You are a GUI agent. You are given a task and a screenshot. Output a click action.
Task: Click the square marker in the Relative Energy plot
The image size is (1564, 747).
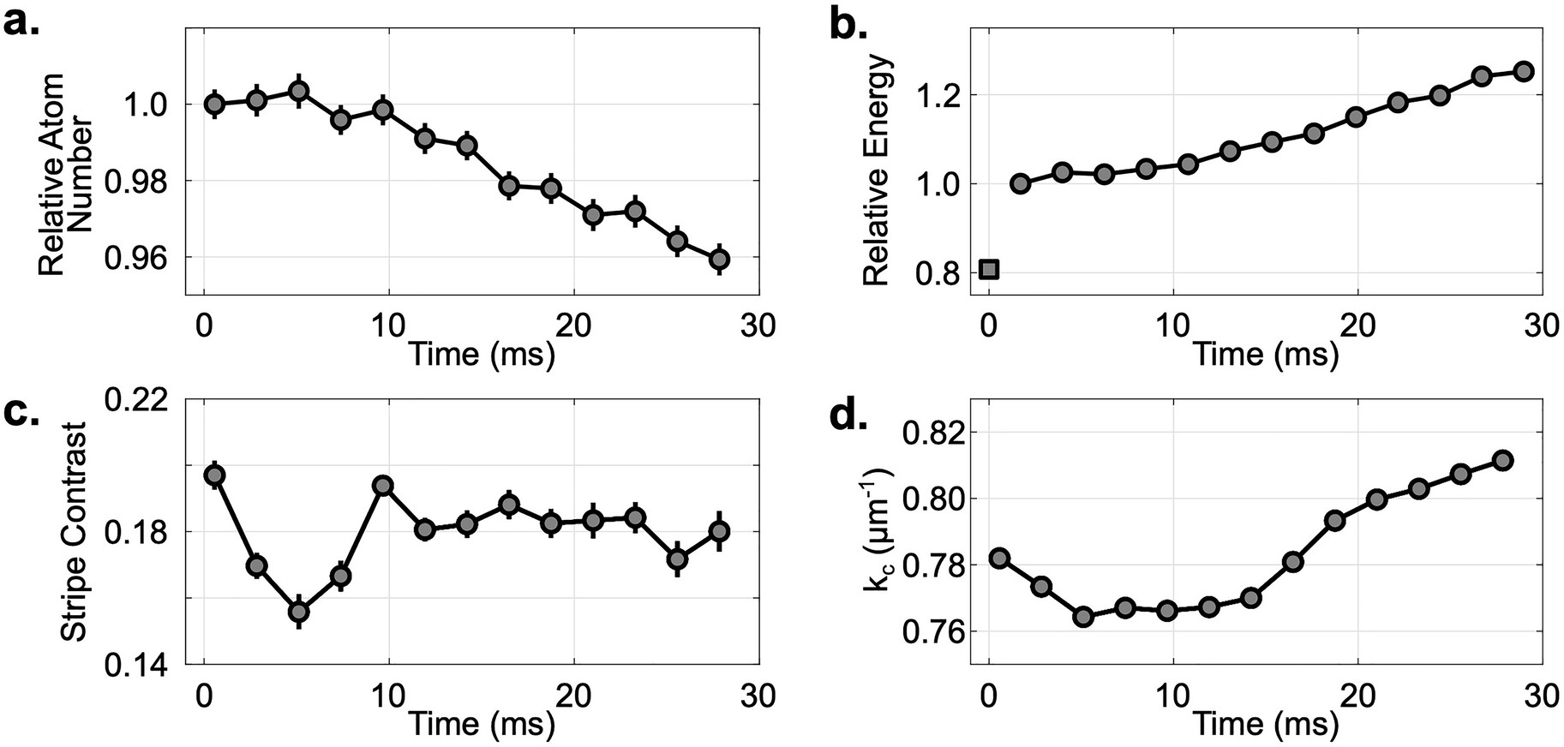pyautogui.click(x=989, y=269)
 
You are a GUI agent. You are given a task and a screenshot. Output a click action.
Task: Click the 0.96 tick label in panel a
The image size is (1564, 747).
pyautogui.click(x=145, y=257)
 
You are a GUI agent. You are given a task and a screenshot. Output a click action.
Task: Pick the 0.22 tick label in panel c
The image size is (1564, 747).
pyautogui.click(x=145, y=399)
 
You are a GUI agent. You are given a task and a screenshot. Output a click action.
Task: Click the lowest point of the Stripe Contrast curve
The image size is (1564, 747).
pyautogui.click(x=299, y=612)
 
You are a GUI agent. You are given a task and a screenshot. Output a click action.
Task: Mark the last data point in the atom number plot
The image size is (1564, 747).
pyautogui.click(x=720, y=258)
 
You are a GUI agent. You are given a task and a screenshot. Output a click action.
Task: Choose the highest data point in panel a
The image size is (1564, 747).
pyautogui.click(x=298, y=90)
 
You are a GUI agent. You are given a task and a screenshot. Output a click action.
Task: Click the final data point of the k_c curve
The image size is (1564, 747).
pyautogui.click(x=1502, y=461)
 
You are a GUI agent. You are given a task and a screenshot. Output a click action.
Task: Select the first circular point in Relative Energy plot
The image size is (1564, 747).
pyautogui.click(x=1020, y=183)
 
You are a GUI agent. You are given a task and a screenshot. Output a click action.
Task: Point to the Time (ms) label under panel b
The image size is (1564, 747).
pyautogui.click(x=1266, y=353)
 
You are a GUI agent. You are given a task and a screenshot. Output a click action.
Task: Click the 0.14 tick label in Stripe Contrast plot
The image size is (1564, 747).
pyautogui.click(x=145, y=666)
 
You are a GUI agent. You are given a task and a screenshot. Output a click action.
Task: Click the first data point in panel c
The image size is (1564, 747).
pyautogui.click(x=215, y=475)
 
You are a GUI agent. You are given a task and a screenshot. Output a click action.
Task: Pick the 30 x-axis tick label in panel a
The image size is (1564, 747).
pyautogui.click(x=757, y=326)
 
